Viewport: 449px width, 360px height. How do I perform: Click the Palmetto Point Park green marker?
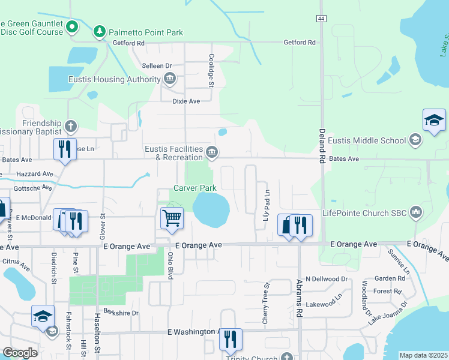pyautogui.click(x=100, y=31)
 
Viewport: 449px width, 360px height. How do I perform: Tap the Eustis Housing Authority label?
pyautogui.click(x=121, y=79)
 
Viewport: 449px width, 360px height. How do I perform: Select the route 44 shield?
pyautogui.click(x=322, y=19)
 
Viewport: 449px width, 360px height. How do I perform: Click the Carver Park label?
pyautogui.click(x=194, y=188)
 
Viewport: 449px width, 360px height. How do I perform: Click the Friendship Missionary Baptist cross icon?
pyautogui.click(x=71, y=127)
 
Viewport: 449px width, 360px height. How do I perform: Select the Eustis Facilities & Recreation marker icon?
pyautogui.click(x=211, y=153)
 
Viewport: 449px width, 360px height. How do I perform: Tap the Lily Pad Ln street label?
pyautogui.click(x=267, y=205)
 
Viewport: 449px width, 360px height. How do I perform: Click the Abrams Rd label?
pyautogui.click(x=300, y=298)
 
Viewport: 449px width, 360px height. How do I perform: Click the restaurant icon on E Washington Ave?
pyautogui.click(x=230, y=339)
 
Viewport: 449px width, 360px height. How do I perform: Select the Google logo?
pyautogui.click(x=20, y=353)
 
